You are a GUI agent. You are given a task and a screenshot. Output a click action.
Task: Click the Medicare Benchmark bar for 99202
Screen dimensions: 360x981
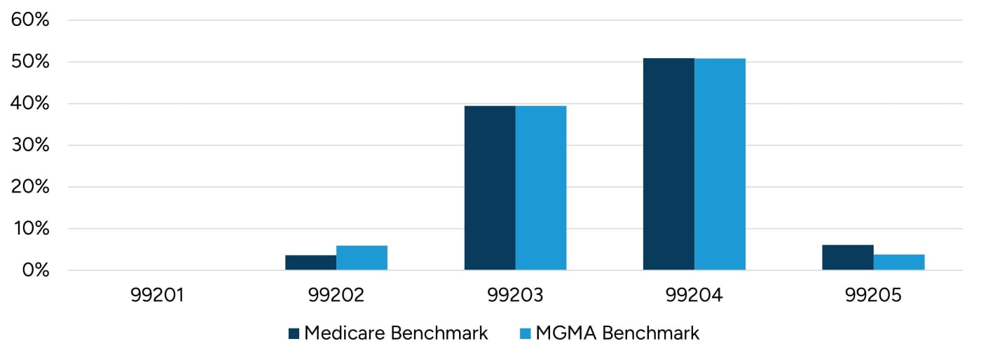pos(310,263)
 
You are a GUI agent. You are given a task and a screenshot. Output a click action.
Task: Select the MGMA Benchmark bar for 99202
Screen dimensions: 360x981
pos(362,258)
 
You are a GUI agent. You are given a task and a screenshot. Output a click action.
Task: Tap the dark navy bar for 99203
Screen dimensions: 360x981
pos(490,188)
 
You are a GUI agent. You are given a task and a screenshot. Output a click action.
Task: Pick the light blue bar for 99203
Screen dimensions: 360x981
pos(541,188)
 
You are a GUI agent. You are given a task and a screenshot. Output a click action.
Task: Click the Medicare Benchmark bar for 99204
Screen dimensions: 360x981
pos(668,164)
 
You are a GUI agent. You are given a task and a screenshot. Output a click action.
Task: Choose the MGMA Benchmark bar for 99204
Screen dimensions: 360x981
pos(720,164)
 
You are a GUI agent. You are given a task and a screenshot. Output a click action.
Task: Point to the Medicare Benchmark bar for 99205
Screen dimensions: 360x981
pos(848,257)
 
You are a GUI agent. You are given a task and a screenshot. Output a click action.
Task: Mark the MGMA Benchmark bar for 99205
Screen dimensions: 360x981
pos(899,262)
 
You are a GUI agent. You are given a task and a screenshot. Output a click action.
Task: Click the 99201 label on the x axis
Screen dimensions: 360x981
pos(157,296)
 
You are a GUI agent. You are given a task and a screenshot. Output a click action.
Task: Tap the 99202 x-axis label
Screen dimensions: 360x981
pos(336,296)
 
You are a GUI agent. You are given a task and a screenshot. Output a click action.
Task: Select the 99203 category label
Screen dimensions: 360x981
pos(515,296)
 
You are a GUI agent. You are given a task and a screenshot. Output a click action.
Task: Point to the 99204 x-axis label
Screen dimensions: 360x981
pos(694,296)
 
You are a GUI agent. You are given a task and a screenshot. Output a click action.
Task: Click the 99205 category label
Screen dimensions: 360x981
pos(873,296)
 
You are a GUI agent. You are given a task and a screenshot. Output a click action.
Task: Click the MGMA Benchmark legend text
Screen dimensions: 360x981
pos(617,333)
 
